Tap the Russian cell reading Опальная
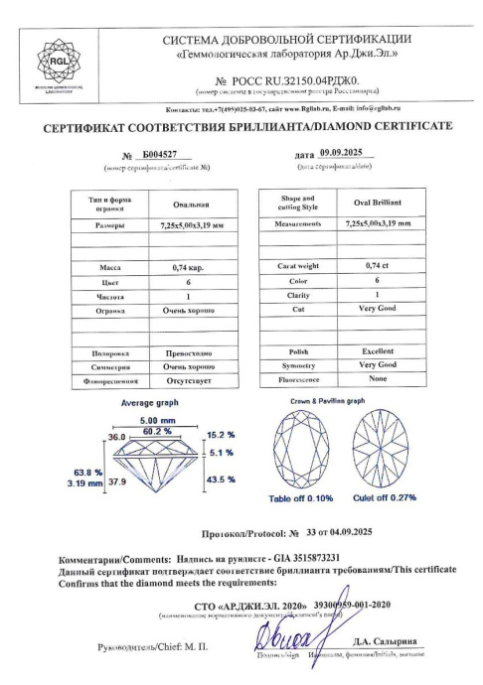coord(189,205)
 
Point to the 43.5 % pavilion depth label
coord(220,479)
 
